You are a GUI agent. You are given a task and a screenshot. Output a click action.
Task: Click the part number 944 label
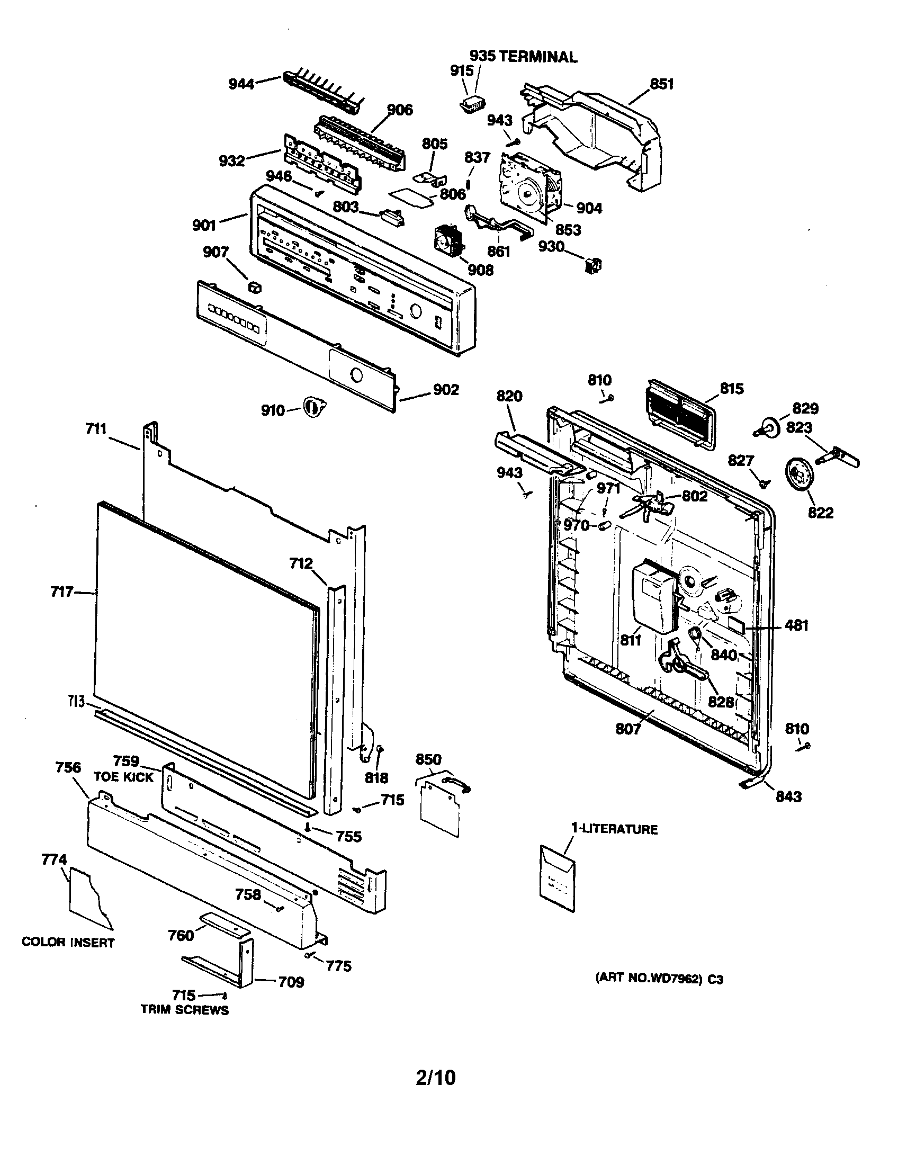(x=241, y=84)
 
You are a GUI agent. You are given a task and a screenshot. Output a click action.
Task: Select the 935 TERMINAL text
(x=523, y=57)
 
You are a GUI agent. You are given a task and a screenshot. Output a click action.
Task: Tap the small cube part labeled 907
(x=255, y=287)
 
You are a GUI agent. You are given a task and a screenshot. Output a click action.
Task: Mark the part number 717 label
(x=62, y=592)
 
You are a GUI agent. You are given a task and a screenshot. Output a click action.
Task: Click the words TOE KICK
(x=123, y=777)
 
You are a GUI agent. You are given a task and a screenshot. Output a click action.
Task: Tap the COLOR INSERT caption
(x=68, y=943)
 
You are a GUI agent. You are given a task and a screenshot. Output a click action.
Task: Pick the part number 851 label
(x=661, y=84)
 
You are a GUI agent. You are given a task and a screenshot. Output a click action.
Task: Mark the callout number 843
(x=788, y=796)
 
